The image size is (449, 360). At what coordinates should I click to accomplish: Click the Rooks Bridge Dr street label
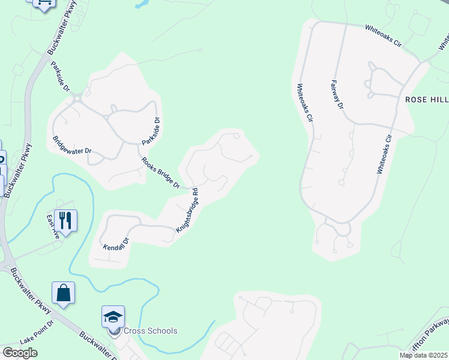[x=160, y=173]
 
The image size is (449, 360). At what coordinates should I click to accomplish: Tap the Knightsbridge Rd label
[x=187, y=212]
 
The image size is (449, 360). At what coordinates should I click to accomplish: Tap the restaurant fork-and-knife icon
[x=65, y=220]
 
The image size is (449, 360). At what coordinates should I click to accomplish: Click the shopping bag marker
[x=63, y=293]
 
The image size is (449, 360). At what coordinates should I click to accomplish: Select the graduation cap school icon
[x=113, y=316]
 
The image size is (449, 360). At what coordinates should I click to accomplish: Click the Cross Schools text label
[x=150, y=331]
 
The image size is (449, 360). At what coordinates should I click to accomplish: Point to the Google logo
[x=20, y=353]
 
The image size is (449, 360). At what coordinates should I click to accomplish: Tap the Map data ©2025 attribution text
[x=423, y=355]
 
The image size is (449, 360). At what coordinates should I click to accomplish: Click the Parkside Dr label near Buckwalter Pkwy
[x=61, y=77]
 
